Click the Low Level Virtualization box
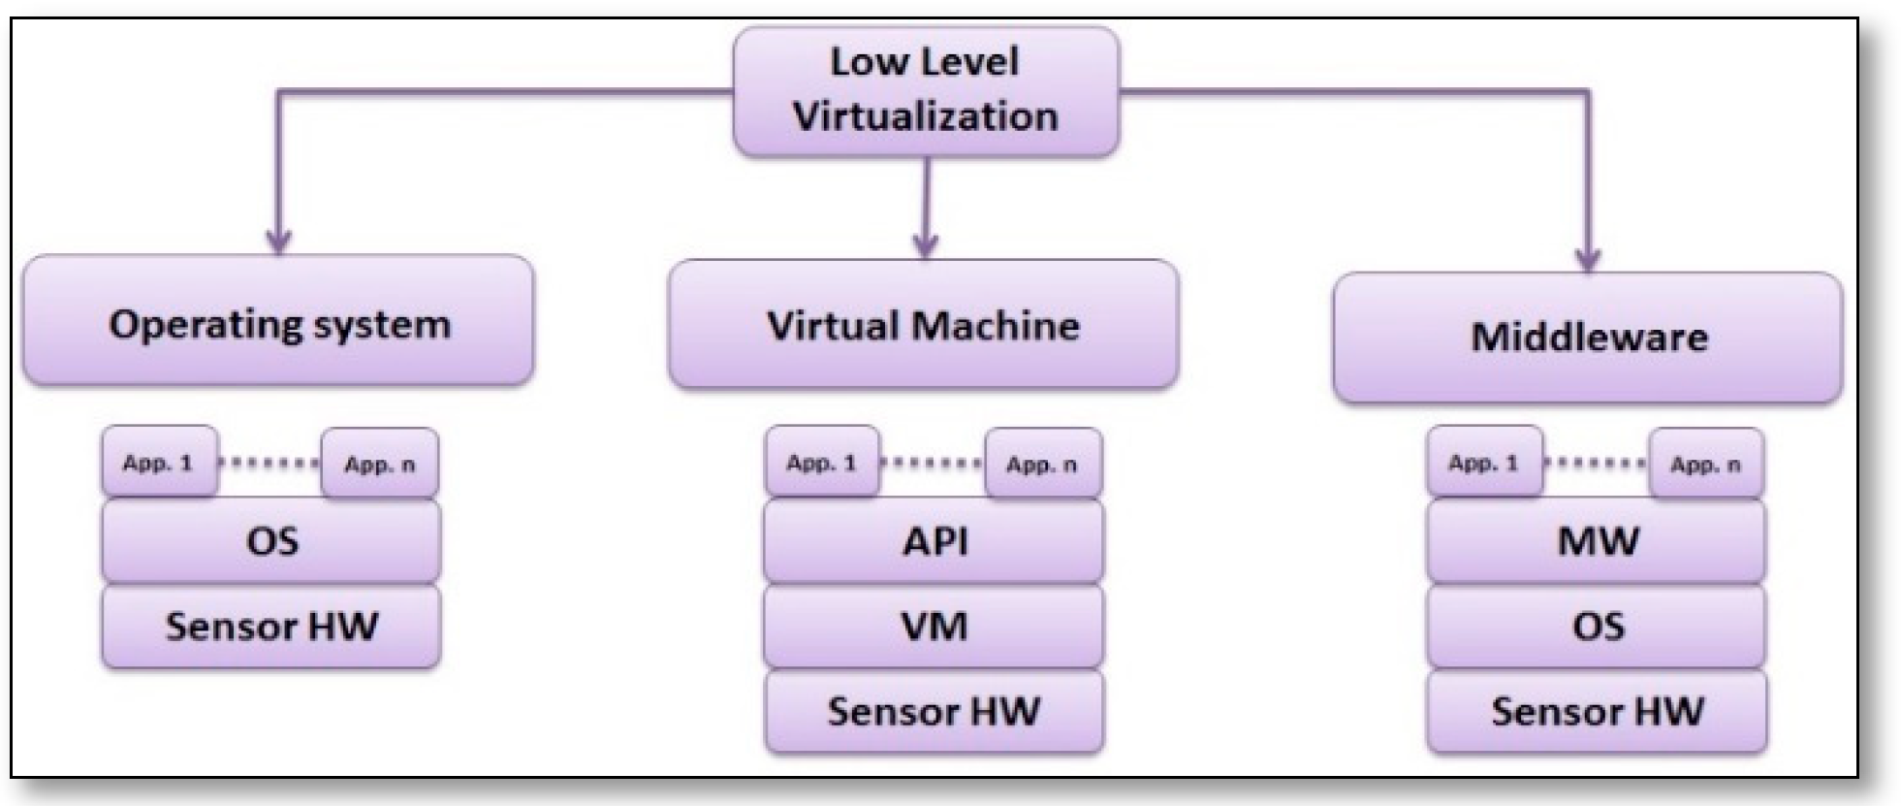(926, 90)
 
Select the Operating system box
(278, 322)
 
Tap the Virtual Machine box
(923, 325)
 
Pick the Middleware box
(1588, 338)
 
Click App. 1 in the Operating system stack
(159, 463)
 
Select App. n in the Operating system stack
(380, 465)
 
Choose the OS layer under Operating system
(271, 540)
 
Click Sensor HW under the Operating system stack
(271, 626)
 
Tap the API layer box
(934, 540)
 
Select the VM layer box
(934, 626)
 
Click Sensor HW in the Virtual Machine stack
(934, 711)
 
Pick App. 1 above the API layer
(822, 463)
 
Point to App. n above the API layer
(1043, 465)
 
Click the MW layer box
(1597, 540)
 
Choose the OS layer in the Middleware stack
(1597, 626)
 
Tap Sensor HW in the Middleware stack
(1597, 711)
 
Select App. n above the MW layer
(1705, 465)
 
